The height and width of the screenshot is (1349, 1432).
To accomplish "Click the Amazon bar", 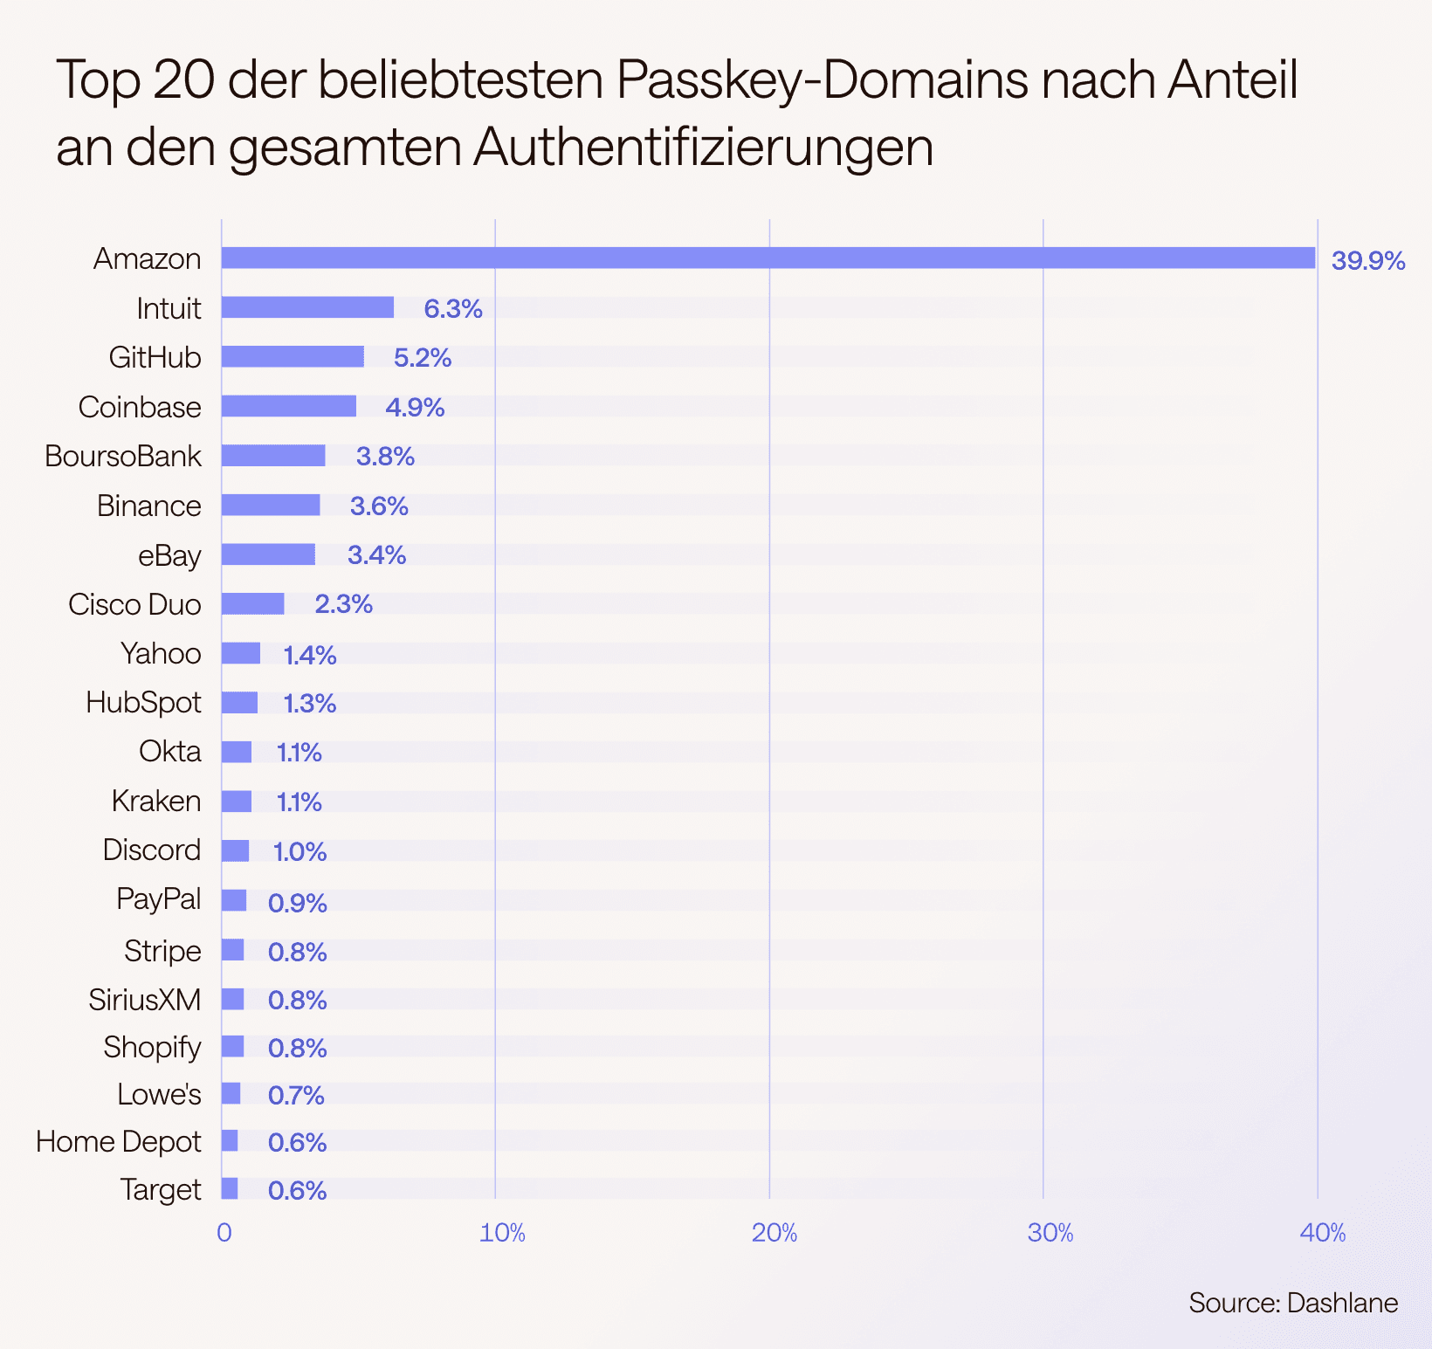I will pyautogui.click(x=768, y=258).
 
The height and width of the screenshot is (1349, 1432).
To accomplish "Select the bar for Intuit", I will pyautogui.click(x=307, y=307).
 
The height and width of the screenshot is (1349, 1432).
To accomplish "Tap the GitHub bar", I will pyautogui.click(x=293, y=356).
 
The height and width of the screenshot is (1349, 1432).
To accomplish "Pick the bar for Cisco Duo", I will pyautogui.click(x=252, y=603).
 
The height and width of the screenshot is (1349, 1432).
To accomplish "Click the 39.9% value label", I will pyautogui.click(x=1367, y=260).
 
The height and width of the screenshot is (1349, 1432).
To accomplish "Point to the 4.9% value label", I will pyautogui.click(x=415, y=407).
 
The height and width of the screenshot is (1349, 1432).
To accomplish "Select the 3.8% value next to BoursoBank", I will pyautogui.click(x=385, y=457).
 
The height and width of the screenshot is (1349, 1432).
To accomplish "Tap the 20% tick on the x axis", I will pyautogui.click(x=774, y=1233).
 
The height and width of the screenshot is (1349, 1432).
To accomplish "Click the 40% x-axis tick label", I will pyautogui.click(x=1322, y=1233).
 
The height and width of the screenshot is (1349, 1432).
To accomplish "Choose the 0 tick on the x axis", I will pyautogui.click(x=224, y=1233).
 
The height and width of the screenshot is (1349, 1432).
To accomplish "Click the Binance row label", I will pyautogui.click(x=148, y=506).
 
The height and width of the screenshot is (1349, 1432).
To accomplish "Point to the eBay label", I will pyautogui.click(x=169, y=555).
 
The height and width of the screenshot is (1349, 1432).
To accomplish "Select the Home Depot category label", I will pyautogui.click(x=119, y=1141).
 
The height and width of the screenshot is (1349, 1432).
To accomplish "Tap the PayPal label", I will pyautogui.click(x=159, y=899).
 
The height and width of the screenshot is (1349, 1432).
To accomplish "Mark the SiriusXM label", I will pyautogui.click(x=144, y=999).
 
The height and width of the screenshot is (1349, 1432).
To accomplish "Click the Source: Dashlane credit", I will pyautogui.click(x=1292, y=1303).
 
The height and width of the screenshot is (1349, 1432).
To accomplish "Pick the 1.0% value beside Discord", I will pyautogui.click(x=299, y=851).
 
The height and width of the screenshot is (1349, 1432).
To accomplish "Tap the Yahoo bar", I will pyautogui.click(x=240, y=653).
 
